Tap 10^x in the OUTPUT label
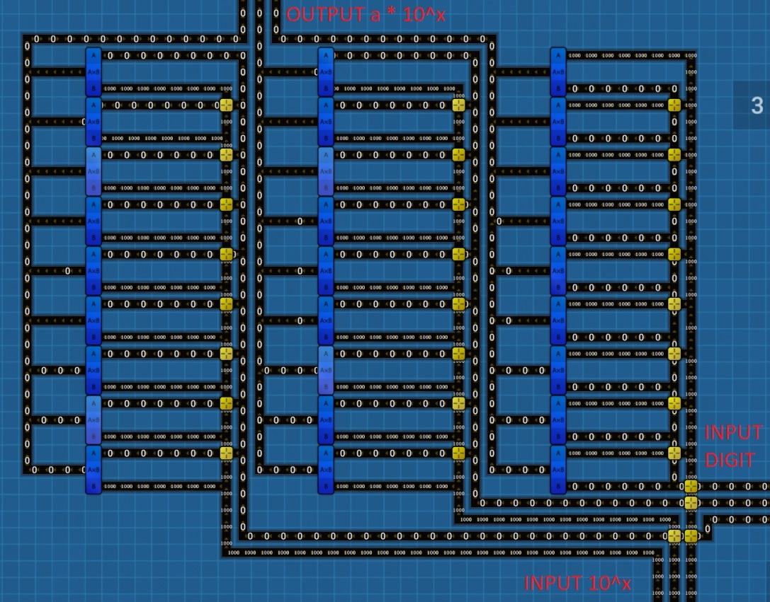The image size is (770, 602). pos(424,14)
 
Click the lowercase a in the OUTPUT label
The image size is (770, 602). pos(375,15)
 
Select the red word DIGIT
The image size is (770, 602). pos(730,461)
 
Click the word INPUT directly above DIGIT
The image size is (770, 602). pos(734,432)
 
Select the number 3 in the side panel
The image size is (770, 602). pos(757,105)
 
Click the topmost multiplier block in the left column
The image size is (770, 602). pos(94,71)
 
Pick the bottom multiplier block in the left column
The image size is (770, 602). pos(94,469)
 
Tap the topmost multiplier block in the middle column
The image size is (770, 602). pos(325,71)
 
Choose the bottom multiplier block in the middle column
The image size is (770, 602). pos(325,469)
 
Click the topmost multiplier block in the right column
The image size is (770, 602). pos(557,71)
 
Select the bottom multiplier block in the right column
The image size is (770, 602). pos(557,469)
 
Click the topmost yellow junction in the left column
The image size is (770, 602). pos(227,105)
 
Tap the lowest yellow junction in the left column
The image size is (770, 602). pos(227,453)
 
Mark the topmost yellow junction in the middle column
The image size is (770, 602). pos(458,105)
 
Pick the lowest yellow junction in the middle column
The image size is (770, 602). pos(458,453)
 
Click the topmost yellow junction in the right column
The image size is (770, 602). pos(674,105)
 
